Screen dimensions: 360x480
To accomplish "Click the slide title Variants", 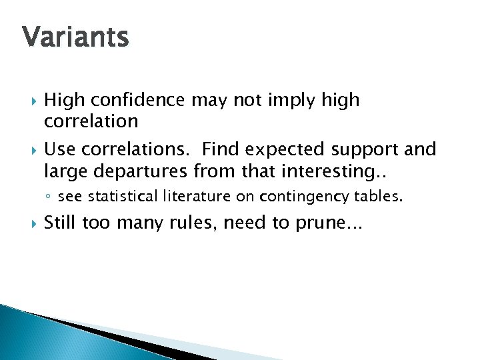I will (x=75, y=37).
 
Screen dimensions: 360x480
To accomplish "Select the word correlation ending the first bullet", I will (x=91, y=121).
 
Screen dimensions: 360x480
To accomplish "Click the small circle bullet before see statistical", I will (x=49, y=197).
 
